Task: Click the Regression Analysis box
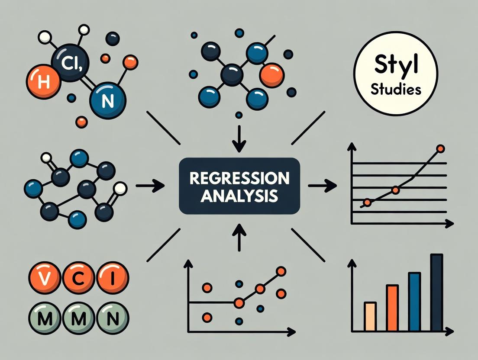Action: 239,186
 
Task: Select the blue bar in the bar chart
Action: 414,302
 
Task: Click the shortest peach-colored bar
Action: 370,317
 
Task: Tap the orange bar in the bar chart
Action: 392,308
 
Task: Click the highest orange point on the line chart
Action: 440,149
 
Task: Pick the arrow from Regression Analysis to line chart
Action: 322,186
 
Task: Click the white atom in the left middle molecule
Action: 120,188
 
